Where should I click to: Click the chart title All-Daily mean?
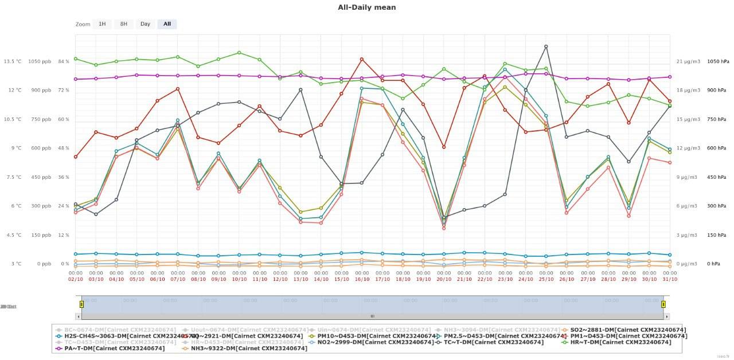click(366, 7)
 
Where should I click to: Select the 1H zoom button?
click(102, 24)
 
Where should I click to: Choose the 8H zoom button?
click(123, 24)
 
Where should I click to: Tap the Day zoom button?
click(145, 24)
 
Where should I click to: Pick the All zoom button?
click(167, 24)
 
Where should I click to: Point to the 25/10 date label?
click(546, 279)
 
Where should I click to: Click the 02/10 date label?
click(76, 279)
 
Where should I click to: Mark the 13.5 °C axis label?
click(13, 62)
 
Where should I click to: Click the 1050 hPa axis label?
click(717, 62)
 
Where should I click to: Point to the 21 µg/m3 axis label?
click(687, 62)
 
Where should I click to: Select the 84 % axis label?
click(63, 62)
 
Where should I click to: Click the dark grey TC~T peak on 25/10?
click(546, 46)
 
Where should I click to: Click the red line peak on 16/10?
click(361, 59)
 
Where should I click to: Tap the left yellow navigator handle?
click(81, 304)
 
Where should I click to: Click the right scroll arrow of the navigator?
click(667, 316)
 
